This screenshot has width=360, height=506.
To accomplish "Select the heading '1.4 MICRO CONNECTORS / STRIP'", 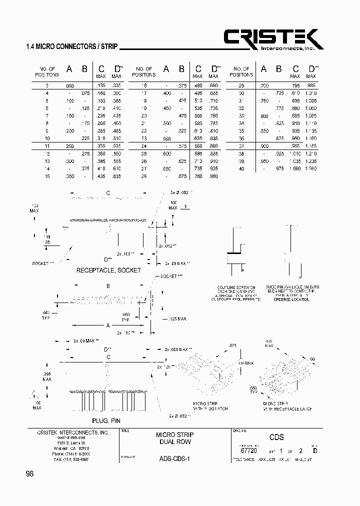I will click(x=71, y=47).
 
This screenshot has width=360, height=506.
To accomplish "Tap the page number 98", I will click(x=29, y=474).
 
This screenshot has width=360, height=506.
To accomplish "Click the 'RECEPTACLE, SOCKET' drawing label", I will click(x=108, y=270).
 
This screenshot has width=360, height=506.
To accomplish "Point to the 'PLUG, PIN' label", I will click(x=106, y=421).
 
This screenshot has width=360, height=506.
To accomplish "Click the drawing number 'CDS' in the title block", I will click(x=276, y=436).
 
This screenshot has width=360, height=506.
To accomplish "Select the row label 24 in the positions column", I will click(x=144, y=146).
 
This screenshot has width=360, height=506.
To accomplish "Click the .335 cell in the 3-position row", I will click(x=116, y=86).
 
